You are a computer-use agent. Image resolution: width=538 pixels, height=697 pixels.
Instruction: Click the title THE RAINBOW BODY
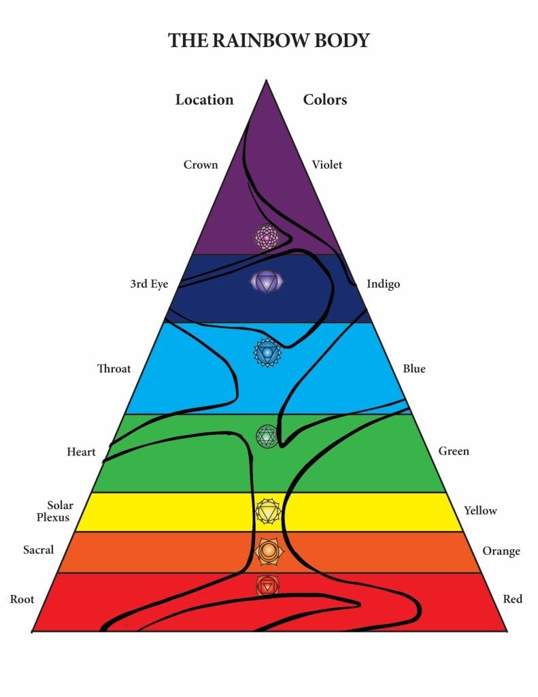pos(269,40)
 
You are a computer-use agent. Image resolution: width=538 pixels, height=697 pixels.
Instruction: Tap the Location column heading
pos(204,99)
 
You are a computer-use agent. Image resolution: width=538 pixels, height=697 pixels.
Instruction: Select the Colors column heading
pos(325,99)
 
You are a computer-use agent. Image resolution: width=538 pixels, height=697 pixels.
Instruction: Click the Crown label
pos(201,165)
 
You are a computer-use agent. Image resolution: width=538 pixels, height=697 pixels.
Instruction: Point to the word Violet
pos(327,165)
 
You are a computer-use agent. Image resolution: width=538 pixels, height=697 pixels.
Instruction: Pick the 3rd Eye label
pos(149,284)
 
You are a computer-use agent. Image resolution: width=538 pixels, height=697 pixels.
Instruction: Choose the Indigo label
pos(384,284)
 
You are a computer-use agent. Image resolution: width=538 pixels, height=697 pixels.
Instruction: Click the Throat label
pos(114,368)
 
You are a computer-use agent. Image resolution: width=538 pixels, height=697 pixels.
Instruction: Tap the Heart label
pos(82,452)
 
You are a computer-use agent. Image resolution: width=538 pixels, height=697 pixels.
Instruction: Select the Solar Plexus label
pos(54,511)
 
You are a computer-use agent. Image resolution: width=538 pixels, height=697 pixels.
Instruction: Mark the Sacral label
pos(38,550)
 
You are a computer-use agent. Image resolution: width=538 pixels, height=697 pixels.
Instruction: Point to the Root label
pos(22,599)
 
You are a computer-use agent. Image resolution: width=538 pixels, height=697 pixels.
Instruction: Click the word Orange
pos(501,551)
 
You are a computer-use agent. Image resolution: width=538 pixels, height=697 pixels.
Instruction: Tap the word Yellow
pos(480,510)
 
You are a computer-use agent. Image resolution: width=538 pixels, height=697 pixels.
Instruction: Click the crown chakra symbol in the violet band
pos(267,237)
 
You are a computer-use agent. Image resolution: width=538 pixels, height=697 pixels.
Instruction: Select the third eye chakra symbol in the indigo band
pos(267,282)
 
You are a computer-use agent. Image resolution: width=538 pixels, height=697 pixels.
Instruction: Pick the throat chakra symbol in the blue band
pos(267,353)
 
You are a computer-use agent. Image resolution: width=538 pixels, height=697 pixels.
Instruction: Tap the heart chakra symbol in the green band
pos(267,436)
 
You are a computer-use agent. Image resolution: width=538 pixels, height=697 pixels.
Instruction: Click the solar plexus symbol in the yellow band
pos(268,511)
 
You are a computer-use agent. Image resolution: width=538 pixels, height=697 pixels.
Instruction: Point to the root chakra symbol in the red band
pos(267,586)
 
